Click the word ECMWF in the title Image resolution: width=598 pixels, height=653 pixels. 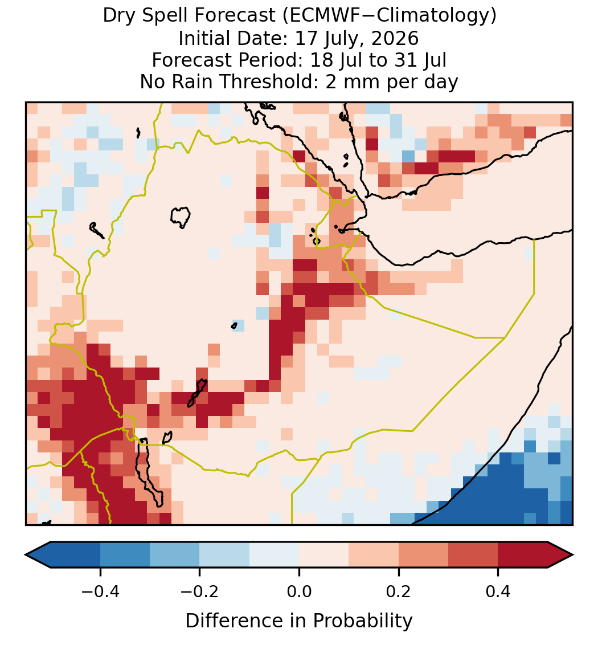point(319,16)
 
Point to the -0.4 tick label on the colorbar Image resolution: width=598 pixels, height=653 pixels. point(100,591)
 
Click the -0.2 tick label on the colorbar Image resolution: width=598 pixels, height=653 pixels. point(200,591)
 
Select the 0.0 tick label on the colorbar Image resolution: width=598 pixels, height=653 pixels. point(299,591)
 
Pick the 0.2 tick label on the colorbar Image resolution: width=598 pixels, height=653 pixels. point(399,591)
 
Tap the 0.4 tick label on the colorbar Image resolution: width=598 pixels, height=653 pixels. point(498,591)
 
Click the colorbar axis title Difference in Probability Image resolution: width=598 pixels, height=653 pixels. point(299,621)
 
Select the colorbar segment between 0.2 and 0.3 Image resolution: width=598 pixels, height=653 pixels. point(424,555)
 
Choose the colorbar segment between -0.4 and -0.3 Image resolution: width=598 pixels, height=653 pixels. point(125,555)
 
